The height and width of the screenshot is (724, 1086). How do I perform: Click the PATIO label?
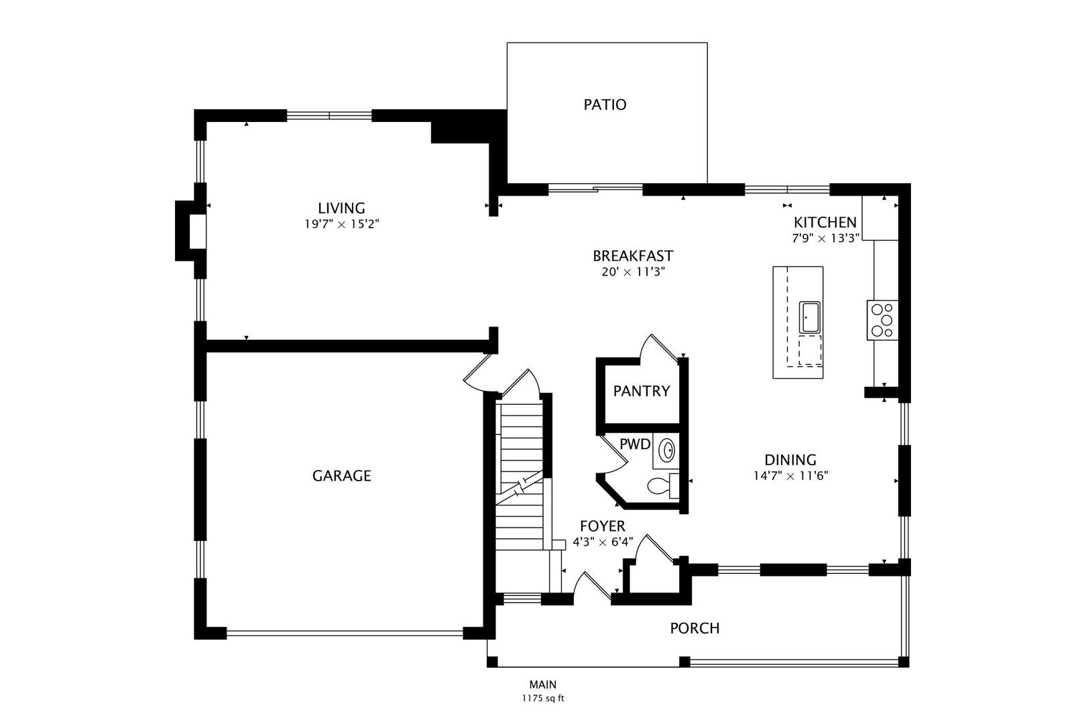click(x=605, y=105)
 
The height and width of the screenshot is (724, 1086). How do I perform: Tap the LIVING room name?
click(x=341, y=208)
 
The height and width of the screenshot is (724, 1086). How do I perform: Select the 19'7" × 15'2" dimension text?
click(x=341, y=224)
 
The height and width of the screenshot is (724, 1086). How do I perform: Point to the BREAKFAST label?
click(x=633, y=255)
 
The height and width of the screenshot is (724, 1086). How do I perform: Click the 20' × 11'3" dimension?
click(x=633, y=271)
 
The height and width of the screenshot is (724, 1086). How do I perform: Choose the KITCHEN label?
click(x=825, y=223)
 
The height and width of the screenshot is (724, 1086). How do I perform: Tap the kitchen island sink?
click(x=810, y=317)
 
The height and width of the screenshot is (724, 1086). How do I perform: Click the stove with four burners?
click(x=882, y=320)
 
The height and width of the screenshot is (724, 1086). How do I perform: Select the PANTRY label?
click(x=642, y=391)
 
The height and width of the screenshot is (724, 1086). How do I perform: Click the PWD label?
click(x=635, y=444)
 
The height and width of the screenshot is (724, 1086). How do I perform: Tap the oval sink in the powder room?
click(x=667, y=450)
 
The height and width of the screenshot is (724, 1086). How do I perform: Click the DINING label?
click(x=790, y=460)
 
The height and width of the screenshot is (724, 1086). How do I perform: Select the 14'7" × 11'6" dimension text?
click(x=790, y=476)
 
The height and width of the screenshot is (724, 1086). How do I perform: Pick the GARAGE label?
click(x=341, y=476)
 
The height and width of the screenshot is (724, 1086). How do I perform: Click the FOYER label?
click(x=603, y=526)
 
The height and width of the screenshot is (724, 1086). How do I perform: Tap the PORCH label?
click(x=695, y=628)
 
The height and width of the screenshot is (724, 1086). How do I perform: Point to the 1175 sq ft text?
click(x=543, y=699)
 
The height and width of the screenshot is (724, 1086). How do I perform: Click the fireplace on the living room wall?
click(x=190, y=231)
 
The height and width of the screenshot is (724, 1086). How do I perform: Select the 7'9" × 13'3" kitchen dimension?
click(x=825, y=239)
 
